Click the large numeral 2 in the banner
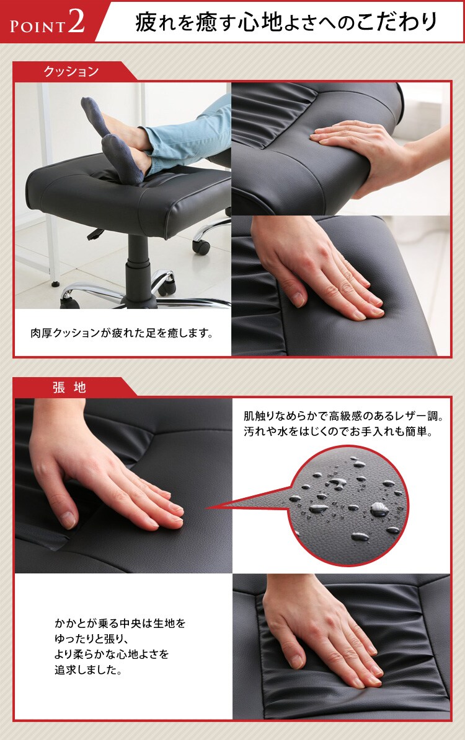[77, 21]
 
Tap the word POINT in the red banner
[37, 25]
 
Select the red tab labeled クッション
[71, 72]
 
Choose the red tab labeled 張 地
[69, 388]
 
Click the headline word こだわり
[405, 22]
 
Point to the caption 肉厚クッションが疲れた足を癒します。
[122, 334]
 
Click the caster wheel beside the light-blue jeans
[201, 245]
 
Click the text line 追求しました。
[87, 670]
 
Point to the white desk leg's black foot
[56, 284]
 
